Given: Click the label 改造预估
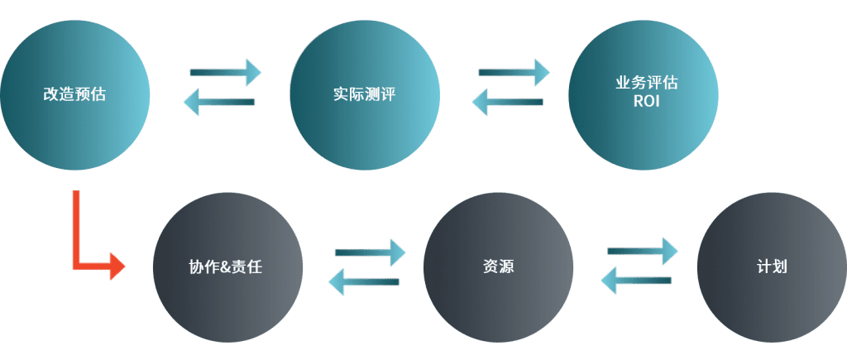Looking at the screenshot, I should pyautogui.click(x=74, y=94).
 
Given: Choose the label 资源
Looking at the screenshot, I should pyautogui.click(x=497, y=267).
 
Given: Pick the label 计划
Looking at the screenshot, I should pyautogui.click(x=771, y=267).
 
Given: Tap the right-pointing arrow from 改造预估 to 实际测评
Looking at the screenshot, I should pyautogui.click(x=225, y=72).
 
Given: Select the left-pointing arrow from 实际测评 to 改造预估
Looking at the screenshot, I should pyautogui.click(x=218, y=103).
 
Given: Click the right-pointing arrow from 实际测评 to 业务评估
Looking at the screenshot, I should pyautogui.click(x=514, y=72).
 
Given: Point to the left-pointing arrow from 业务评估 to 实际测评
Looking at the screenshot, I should pyautogui.click(x=507, y=103).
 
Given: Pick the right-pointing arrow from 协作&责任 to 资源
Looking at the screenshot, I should pyautogui.click(x=370, y=252).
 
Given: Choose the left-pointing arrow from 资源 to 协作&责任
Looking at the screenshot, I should pyautogui.click(x=364, y=281).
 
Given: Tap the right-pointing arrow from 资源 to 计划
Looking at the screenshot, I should pyautogui.click(x=642, y=250).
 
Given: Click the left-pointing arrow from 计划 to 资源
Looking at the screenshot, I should pyautogui.click(x=635, y=280).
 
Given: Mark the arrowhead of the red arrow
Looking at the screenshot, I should pyautogui.click(x=117, y=267).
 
